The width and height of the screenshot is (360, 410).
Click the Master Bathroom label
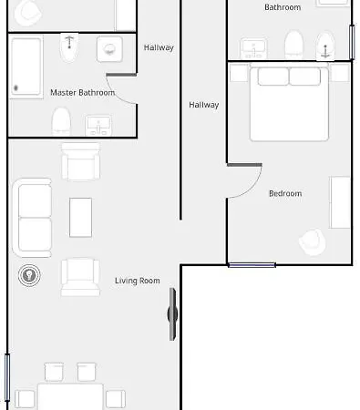click(x=82, y=92)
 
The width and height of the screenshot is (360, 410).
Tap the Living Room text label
click(x=138, y=281)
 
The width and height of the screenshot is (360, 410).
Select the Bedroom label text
click(x=284, y=193)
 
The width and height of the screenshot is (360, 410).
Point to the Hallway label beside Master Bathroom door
click(x=159, y=47)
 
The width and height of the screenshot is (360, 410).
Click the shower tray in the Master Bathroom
click(x=26, y=67)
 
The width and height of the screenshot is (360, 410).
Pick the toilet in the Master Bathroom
click(x=61, y=120)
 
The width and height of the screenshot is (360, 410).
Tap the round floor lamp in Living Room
click(x=29, y=273)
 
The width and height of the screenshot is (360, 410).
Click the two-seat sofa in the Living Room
click(x=34, y=217)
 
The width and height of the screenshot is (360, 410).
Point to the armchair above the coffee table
click(x=79, y=162)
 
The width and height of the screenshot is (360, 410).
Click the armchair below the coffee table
click(x=80, y=276)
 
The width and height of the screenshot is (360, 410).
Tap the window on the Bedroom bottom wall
click(x=252, y=265)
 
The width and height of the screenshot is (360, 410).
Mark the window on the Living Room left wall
click(x=7, y=376)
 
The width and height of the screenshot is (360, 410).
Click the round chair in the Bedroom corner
click(x=311, y=241)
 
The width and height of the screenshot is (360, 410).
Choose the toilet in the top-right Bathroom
click(x=293, y=44)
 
